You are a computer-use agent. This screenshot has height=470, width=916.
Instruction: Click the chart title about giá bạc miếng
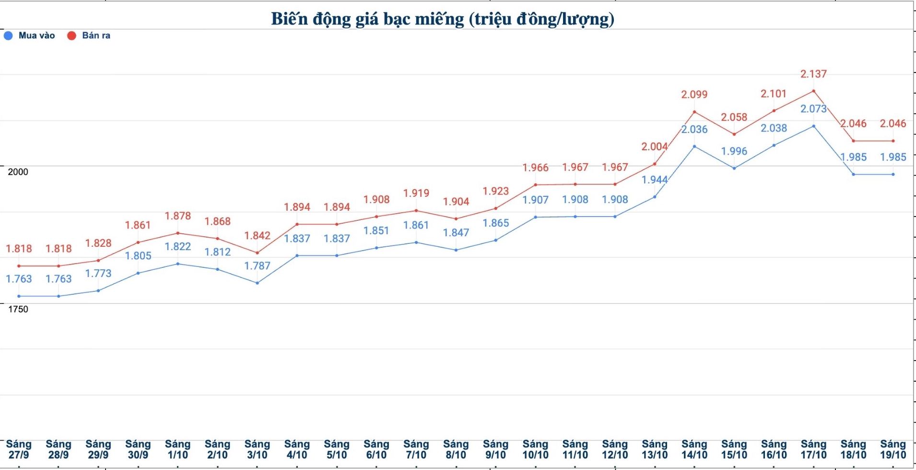(x=442, y=19)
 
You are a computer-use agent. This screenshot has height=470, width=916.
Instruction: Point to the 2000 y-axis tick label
(x=18, y=172)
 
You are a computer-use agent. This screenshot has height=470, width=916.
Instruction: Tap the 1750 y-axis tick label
(x=18, y=309)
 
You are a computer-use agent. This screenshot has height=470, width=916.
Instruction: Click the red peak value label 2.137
(x=813, y=74)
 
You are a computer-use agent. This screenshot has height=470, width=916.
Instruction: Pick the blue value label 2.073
(x=813, y=109)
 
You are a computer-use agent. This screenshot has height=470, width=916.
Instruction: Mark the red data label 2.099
(x=694, y=95)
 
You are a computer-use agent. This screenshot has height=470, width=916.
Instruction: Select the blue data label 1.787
(x=257, y=266)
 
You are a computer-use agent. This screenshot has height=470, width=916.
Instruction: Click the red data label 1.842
(x=257, y=236)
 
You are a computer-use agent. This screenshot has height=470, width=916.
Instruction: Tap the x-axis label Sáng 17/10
(x=813, y=449)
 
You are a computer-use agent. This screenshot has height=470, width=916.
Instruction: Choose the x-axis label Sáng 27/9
(x=19, y=449)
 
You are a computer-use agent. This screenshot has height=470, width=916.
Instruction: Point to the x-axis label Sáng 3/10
(x=257, y=449)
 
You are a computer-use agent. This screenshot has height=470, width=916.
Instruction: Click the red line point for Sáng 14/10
(x=694, y=112)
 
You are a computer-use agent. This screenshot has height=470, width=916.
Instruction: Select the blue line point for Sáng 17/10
(x=813, y=126)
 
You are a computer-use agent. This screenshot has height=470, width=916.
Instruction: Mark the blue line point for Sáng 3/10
(x=258, y=283)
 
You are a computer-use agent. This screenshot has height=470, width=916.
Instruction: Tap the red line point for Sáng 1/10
(x=178, y=233)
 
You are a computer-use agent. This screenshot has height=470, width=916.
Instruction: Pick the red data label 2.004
(x=655, y=146)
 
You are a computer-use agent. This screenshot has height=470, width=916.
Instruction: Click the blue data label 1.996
(x=734, y=151)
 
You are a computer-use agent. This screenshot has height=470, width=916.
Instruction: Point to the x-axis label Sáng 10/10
(x=535, y=449)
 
